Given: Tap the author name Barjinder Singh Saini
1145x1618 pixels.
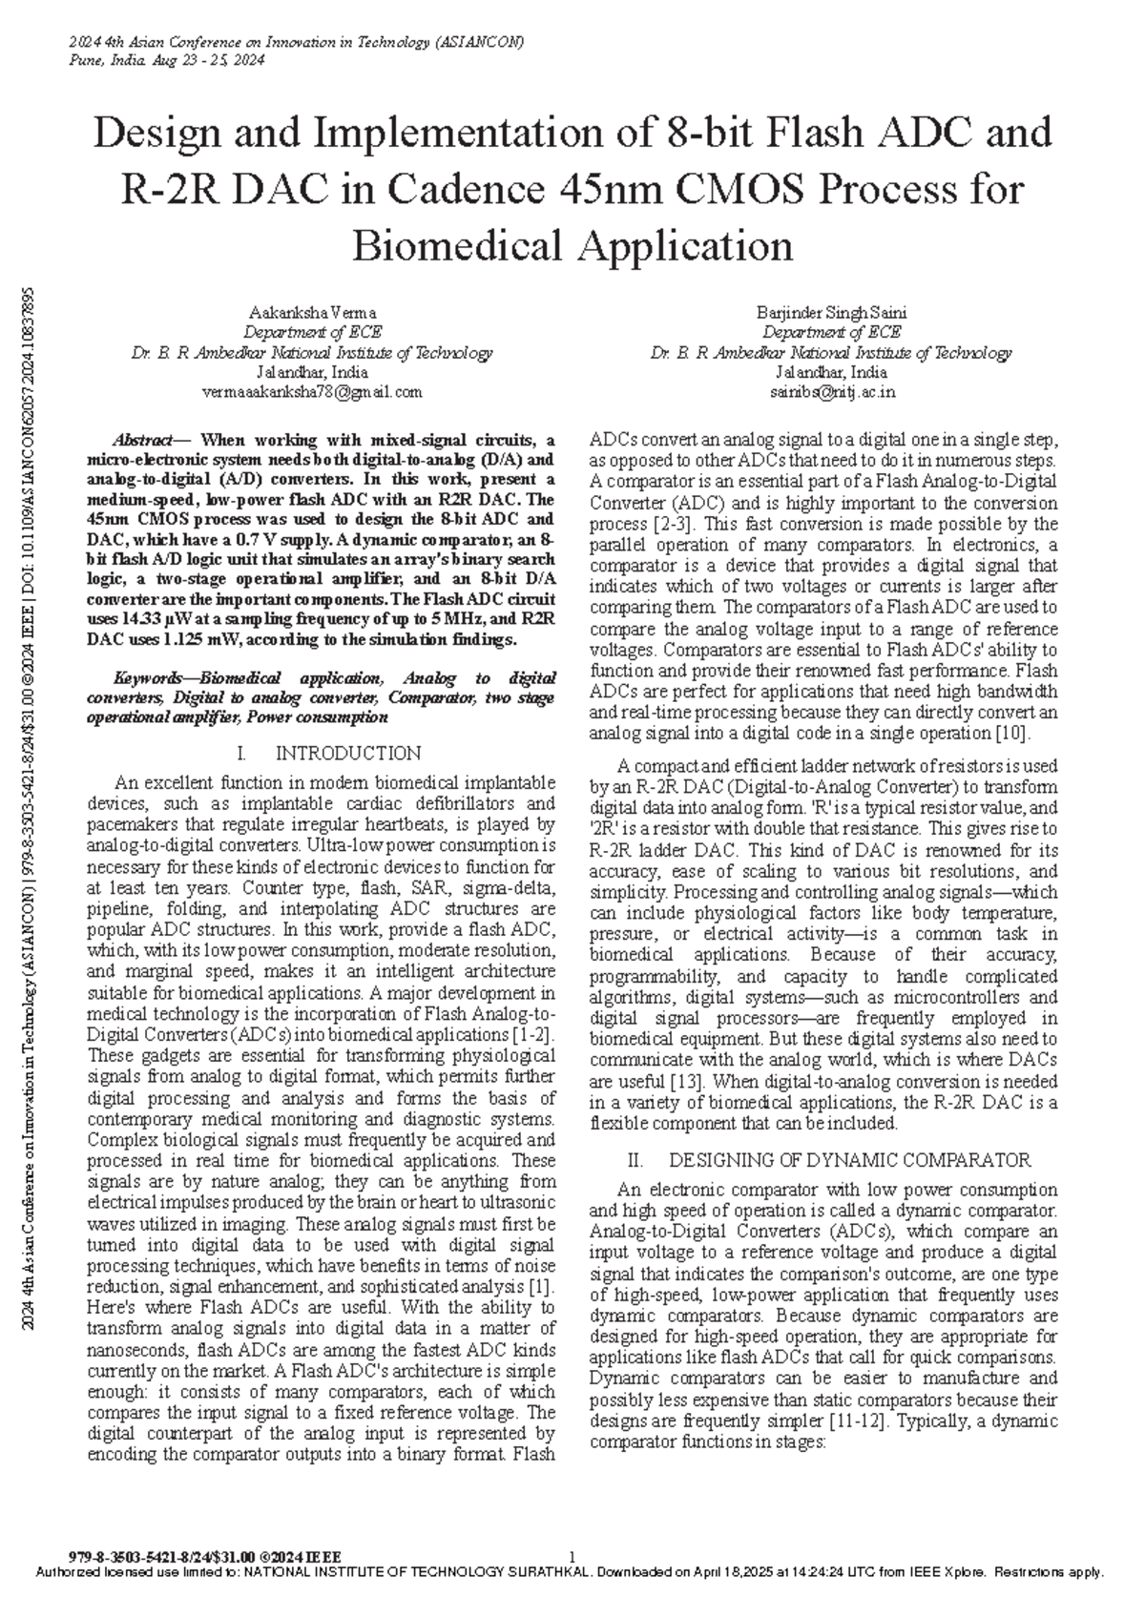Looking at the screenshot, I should (831, 313).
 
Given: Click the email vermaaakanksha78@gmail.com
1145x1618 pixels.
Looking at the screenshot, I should (312, 392).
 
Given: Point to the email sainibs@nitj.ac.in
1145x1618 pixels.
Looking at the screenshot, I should (831, 392).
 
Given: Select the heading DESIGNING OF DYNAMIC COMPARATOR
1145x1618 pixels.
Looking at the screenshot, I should (849, 1160).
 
